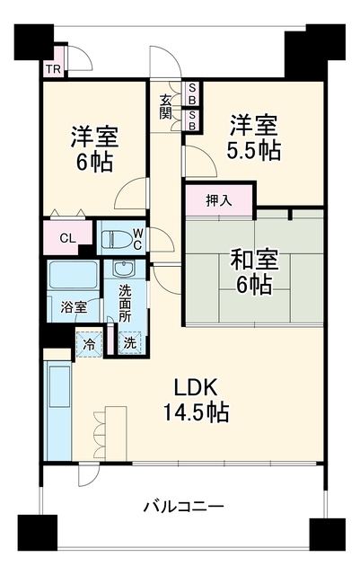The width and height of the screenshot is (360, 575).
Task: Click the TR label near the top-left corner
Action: click(54, 69)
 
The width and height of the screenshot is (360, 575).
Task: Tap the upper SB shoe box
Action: click(192, 93)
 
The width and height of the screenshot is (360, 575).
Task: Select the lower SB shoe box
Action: click(192, 120)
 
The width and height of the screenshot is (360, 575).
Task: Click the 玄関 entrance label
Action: click(165, 107)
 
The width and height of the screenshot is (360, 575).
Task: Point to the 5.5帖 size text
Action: click(254, 150)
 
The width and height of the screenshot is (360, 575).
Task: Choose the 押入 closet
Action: click(219, 200)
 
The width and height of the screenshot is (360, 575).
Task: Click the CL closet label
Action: click(68, 239)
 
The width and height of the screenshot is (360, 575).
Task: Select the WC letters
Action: click(137, 239)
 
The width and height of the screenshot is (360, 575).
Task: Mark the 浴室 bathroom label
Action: click(74, 307)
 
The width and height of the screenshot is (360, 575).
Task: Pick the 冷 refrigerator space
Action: click(89, 344)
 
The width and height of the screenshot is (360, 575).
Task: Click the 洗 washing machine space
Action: click(130, 343)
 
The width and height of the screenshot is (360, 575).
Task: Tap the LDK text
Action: click(196, 387)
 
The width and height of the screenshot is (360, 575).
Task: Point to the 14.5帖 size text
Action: click(196, 411)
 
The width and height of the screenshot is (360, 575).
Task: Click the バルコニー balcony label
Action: click(183, 507)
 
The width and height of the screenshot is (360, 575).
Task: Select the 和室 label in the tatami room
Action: click(254, 260)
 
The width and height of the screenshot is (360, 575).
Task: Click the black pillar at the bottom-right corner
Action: click(328, 534)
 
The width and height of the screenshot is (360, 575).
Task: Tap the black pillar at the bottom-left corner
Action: click(38, 533)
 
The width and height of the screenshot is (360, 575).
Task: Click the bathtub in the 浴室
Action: click(73, 275)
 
